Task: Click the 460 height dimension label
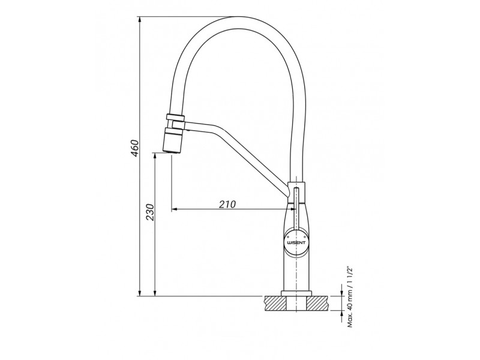click(136, 148)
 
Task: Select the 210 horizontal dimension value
click(227, 204)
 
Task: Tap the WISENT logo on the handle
click(295, 242)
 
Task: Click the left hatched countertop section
click(275, 303)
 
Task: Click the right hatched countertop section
click(319, 303)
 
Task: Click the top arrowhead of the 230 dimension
click(155, 157)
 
